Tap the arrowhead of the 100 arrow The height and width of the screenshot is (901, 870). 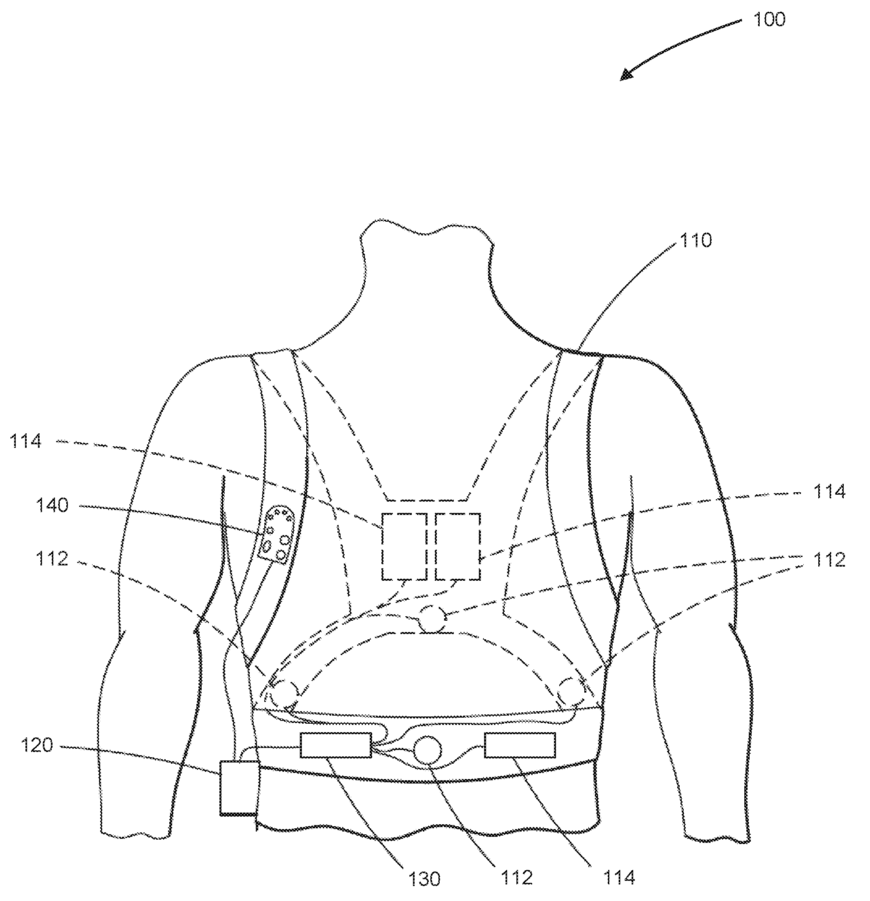[625, 76]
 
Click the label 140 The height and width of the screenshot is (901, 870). [52, 506]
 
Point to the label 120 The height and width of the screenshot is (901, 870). [37, 745]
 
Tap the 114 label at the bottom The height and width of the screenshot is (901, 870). [619, 878]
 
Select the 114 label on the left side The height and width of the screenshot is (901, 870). [26, 441]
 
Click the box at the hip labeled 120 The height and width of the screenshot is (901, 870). [239, 788]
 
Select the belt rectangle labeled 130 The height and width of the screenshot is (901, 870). [335, 745]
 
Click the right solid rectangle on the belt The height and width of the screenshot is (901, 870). [519, 745]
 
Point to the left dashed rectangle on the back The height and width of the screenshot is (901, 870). [404, 546]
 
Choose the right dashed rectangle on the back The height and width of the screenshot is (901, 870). [457, 546]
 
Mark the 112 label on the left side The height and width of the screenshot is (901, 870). [52, 559]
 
